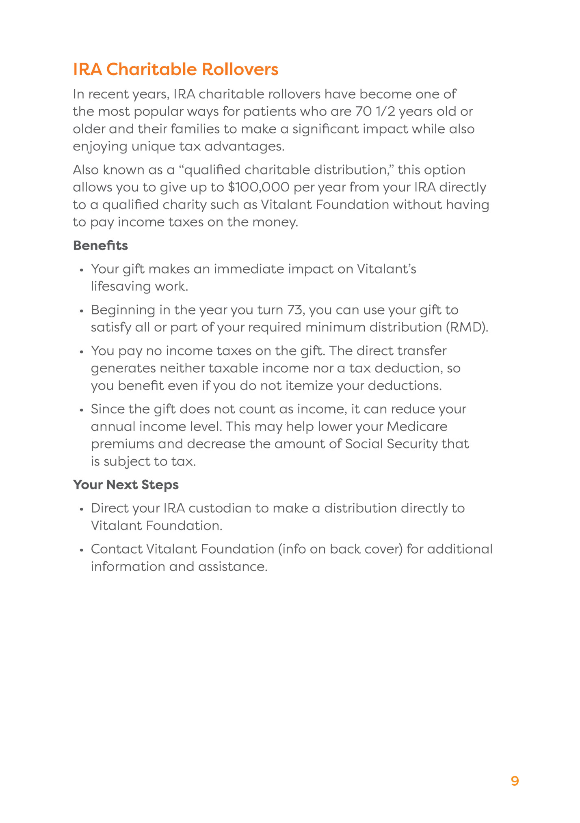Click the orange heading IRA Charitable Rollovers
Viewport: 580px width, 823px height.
click(175, 69)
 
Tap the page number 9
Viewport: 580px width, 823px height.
click(515, 781)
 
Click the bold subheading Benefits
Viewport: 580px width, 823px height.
click(100, 246)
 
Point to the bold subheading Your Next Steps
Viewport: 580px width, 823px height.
click(126, 485)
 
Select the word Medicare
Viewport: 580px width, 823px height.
click(417, 427)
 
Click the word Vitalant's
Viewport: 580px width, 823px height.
click(386, 269)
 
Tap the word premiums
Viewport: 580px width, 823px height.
click(122, 444)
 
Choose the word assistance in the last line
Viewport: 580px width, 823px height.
click(233, 567)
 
